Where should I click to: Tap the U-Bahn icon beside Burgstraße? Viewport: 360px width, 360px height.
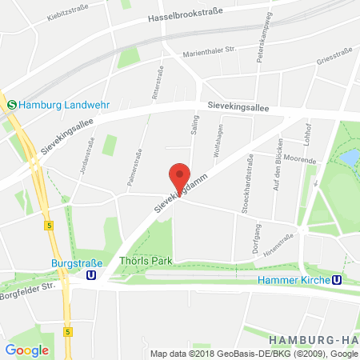93,274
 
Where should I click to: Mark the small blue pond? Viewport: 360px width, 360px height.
350,158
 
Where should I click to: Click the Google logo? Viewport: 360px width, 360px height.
26,350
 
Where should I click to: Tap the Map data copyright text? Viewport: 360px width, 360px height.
254,353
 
